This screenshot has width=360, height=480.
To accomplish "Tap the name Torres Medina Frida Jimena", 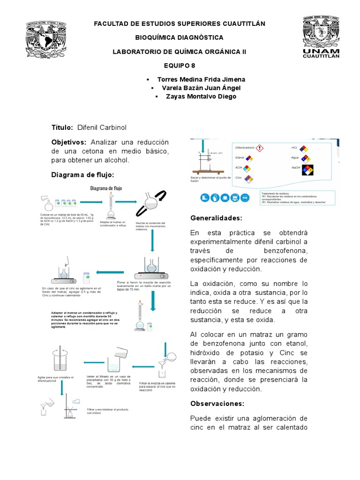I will tap(201, 79).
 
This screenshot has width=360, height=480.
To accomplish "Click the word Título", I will tap(62, 127).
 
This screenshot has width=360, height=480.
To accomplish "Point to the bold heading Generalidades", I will tap(216, 218).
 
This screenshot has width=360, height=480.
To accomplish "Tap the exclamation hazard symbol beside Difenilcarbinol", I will tap(260, 148).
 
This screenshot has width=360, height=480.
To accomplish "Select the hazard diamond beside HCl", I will tap(304, 148).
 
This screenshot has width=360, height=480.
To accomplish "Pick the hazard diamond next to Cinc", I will tap(249, 179).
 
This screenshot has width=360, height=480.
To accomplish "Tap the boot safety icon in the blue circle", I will tap(205, 197).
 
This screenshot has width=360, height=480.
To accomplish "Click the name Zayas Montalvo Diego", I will tap(201, 97).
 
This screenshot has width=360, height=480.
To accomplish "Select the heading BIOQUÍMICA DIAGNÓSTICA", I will tap(180, 37).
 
